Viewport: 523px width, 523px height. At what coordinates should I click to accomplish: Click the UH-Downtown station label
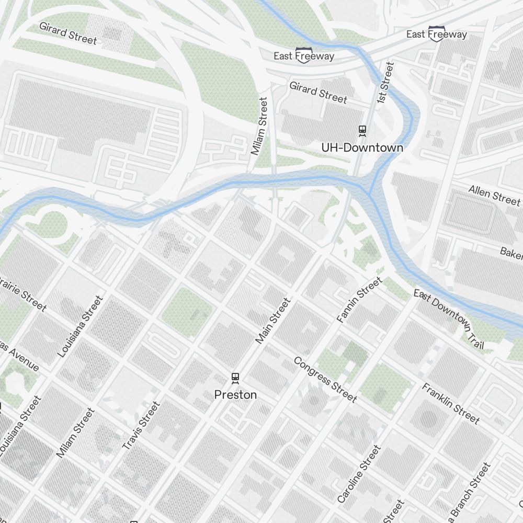362,147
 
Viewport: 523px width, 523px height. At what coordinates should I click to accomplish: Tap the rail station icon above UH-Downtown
362,130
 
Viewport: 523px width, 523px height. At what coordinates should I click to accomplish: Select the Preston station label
235,395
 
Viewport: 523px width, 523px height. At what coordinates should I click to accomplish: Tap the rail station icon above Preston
235,377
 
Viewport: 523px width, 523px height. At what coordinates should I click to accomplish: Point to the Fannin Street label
360,300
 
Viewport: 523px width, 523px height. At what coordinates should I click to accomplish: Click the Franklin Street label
450,404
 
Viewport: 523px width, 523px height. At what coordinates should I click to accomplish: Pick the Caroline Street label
359,474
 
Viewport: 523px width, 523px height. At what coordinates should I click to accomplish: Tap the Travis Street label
141,426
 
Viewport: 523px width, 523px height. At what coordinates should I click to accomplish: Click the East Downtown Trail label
449,319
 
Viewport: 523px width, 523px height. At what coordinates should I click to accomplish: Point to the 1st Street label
385,83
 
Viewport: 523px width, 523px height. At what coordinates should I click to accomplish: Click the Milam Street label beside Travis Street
76,434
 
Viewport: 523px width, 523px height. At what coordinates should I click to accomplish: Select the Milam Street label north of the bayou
259,126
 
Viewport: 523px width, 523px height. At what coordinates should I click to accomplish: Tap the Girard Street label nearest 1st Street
318,92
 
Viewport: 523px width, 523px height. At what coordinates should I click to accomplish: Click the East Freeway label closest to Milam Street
304,56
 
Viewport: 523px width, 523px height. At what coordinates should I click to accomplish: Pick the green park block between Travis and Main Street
187,312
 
